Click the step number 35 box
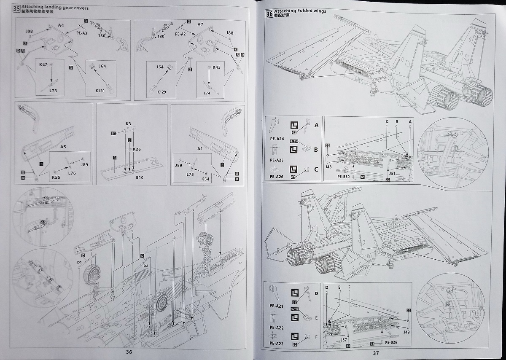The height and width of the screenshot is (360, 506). [x=17, y=9]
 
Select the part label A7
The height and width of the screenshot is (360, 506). [x=200, y=25]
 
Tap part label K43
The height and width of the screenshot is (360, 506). [x=216, y=67]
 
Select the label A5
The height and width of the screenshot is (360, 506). [x=63, y=147]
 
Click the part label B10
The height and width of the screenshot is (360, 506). [x=140, y=177]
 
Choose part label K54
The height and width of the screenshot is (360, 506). [x=205, y=179]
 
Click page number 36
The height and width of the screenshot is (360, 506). [x=129, y=352]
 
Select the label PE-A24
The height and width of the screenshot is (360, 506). [x=277, y=139]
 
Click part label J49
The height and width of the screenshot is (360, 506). [x=406, y=332]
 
